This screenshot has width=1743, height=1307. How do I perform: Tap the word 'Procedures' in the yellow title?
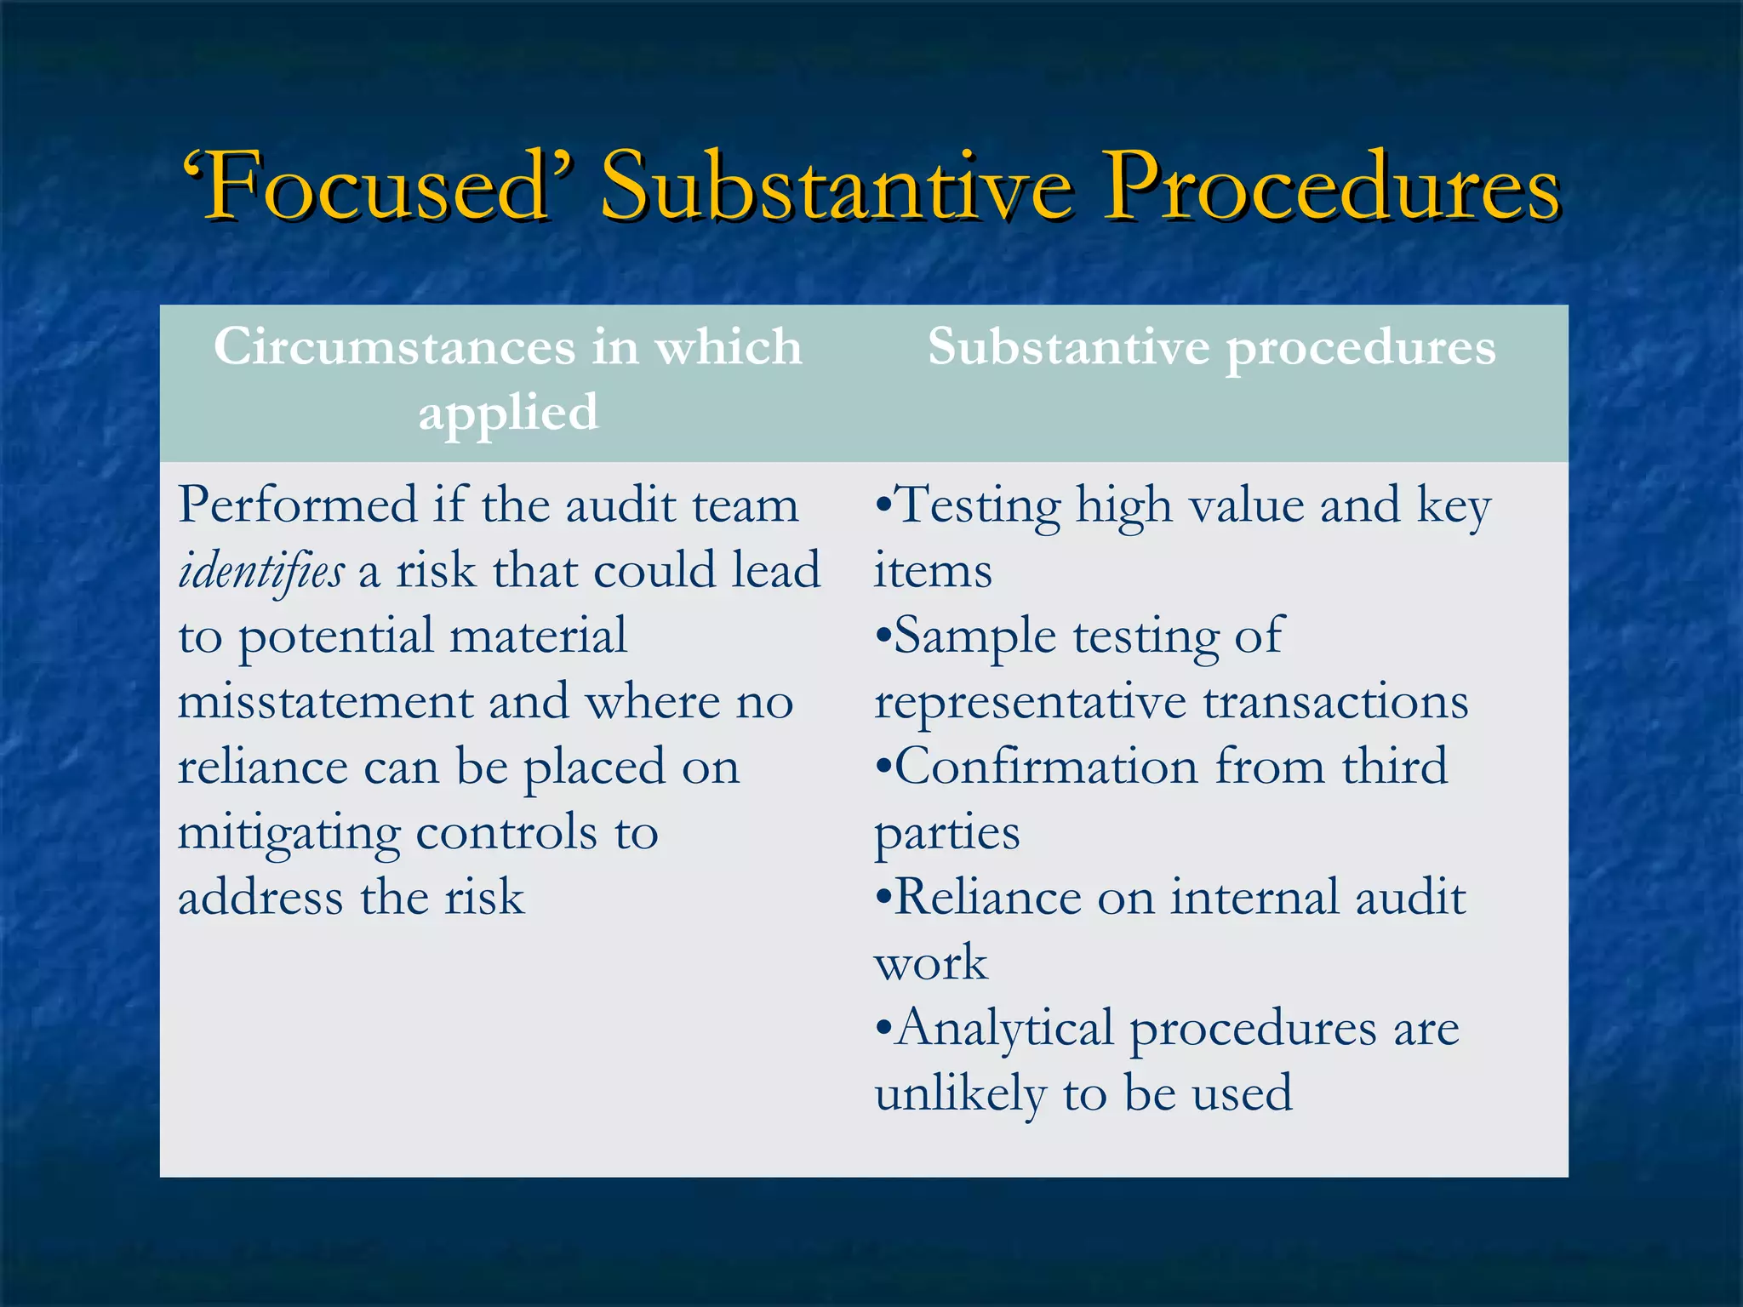click(1331, 185)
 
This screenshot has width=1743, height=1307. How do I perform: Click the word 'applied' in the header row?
click(508, 414)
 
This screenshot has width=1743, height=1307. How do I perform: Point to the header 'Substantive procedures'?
click(1211, 347)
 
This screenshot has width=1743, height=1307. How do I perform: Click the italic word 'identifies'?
click(261, 571)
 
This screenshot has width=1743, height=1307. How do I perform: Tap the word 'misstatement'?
click(325, 702)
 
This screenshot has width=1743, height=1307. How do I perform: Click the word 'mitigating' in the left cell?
click(289, 833)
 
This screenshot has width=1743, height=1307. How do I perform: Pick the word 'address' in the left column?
click(260, 898)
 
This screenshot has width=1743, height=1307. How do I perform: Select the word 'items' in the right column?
click(933, 571)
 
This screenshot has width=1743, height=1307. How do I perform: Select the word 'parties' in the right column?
click(946, 833)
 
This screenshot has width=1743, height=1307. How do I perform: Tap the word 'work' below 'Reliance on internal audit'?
click(931, 963)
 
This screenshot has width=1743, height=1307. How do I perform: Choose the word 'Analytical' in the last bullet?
click(1004, 1029)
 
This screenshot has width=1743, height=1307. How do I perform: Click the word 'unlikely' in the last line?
click(960, 1093)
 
